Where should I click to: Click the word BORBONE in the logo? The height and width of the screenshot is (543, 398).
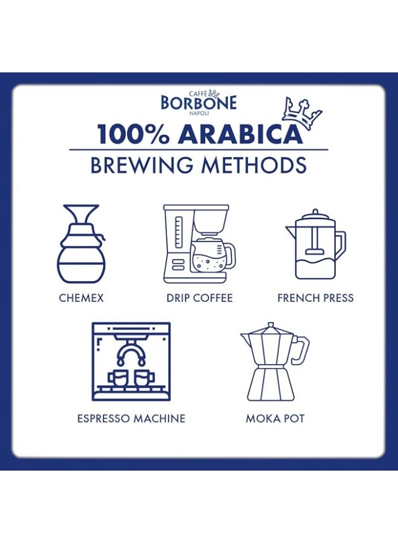[x=198, y=103]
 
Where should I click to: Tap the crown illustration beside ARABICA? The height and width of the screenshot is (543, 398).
[x=302, y=114]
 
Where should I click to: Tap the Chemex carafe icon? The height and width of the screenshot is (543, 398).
[x=81, y=244]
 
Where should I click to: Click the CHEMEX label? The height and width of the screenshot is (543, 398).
[x=81, y=298]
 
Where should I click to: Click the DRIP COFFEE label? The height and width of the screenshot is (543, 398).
[x=200, y=298]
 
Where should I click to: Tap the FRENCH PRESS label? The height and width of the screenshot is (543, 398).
[x=315, y=298]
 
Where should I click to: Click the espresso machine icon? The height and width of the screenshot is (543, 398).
[x=131, y=361]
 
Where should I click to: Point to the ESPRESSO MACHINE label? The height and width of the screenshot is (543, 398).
[x=131, y=418]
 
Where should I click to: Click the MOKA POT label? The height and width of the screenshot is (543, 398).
[x=275, y=418]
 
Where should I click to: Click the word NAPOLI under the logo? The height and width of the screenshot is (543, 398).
[x=198, y=113]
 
